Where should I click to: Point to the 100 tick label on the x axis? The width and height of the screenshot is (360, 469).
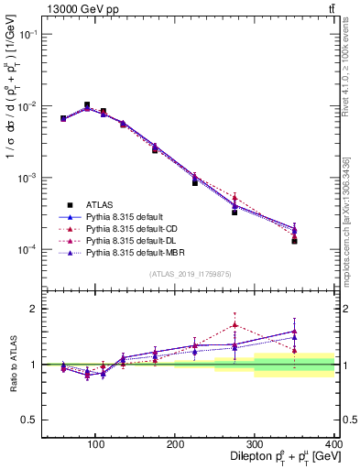point(95,443)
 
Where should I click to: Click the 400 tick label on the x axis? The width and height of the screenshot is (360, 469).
point(333,443)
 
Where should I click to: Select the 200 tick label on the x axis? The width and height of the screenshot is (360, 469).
point(175,443)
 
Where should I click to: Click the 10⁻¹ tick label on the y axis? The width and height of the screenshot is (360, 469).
point(24,34)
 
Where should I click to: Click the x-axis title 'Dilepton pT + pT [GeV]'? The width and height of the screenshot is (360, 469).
point(279,455)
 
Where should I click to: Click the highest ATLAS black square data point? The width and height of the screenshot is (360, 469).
point(87,105)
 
